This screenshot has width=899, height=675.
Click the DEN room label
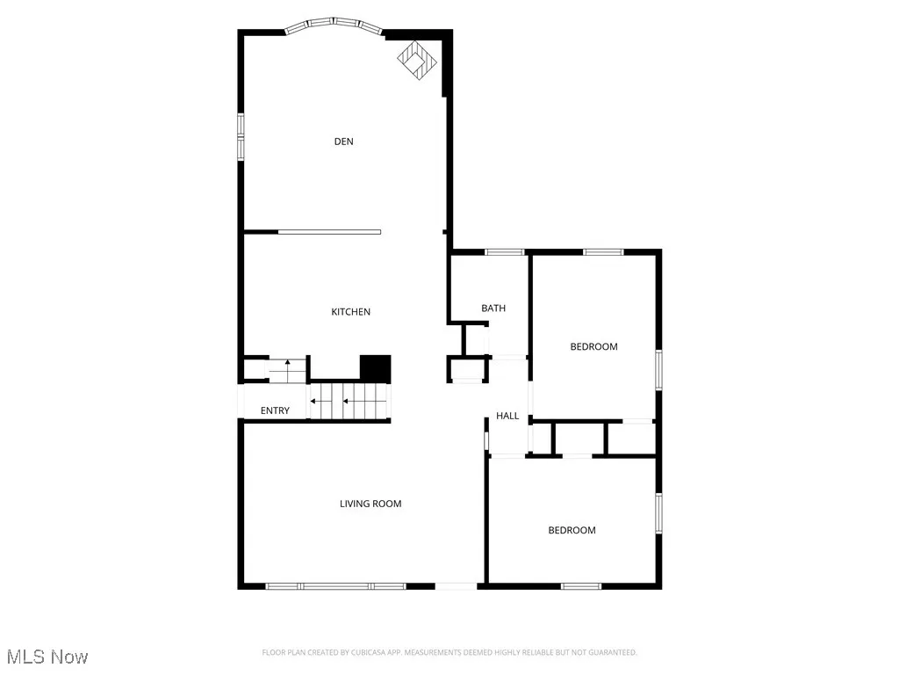click(343, 142)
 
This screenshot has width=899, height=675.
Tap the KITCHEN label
click(350, 312)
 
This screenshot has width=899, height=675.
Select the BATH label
click(493, 308)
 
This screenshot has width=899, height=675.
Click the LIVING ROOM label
click(370, 504)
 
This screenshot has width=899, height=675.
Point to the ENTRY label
click(275, 411)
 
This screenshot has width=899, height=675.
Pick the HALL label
click(507, 416)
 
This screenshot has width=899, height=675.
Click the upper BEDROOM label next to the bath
click(594, 346)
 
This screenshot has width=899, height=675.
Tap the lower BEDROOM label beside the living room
click(572, 530)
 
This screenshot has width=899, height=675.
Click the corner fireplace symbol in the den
click(417, 59)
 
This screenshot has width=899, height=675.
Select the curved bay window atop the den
click(334, 23)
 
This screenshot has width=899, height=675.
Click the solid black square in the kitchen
click(375, 368)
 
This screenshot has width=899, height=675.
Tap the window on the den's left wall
click(241, 135)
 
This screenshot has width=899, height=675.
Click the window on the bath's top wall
click(505, 253)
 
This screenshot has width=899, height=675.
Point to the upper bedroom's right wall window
click(658, 369)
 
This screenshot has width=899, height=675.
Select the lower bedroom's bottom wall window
click(581, 586)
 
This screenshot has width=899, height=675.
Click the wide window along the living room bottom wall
click(335, 586)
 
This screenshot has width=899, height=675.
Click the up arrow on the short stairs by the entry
click(287, 364)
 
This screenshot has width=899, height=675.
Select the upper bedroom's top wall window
click(603, 253)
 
